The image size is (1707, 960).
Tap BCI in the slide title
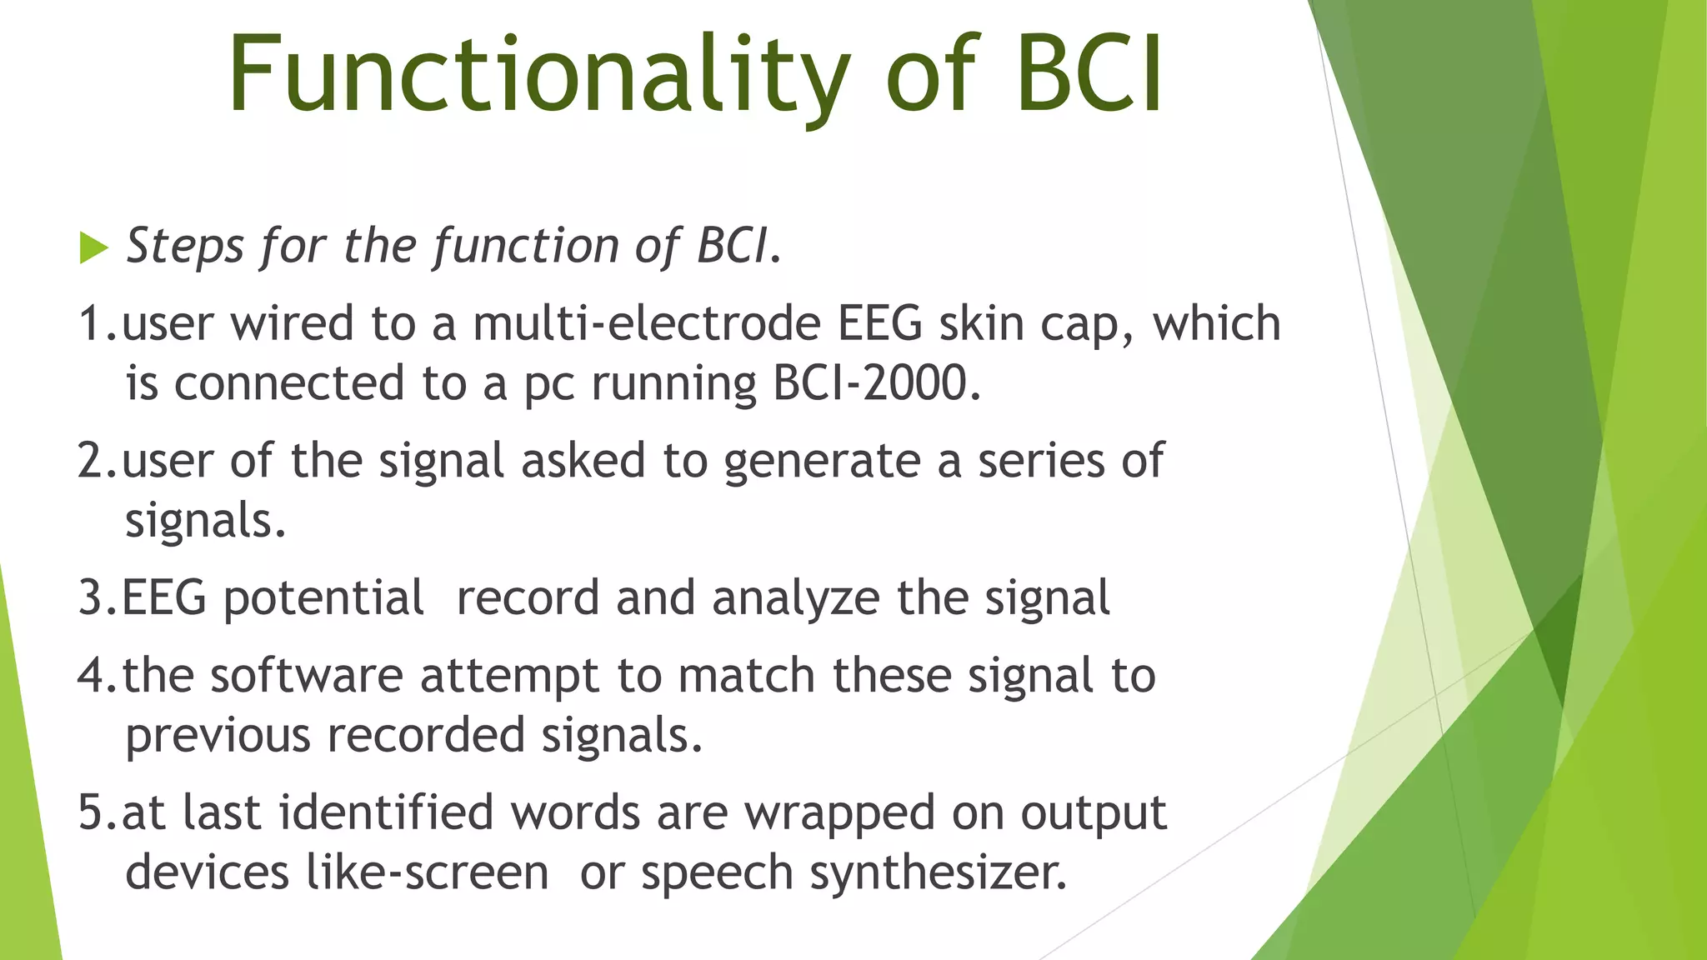point(1088,75)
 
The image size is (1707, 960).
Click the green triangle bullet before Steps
point(93,247)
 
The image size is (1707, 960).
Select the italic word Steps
point(185,247)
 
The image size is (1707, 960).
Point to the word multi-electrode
point(647,323)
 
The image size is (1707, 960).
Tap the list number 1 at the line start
point(91,323)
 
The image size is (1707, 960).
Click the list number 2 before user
point(91,461)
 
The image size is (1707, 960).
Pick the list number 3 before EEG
point(91,598)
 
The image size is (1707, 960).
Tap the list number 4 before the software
point(91,675)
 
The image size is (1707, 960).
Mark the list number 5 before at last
point(91,812)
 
